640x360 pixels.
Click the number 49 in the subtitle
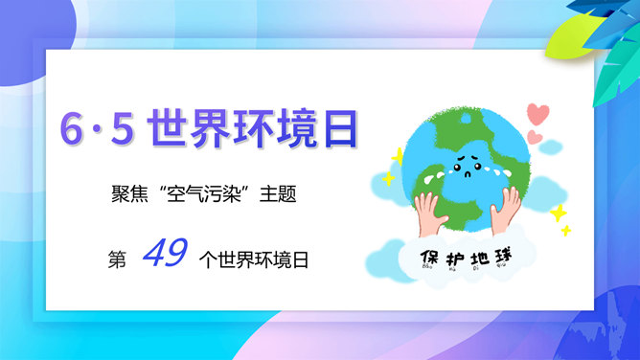click(164, 253)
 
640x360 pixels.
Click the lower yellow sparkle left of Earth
click(387, 178)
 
